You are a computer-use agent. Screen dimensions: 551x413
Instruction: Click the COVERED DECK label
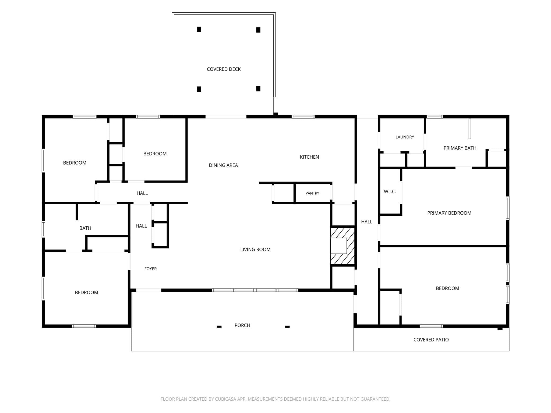tap(224, 69)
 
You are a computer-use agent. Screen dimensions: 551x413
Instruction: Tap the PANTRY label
tap(312, 193)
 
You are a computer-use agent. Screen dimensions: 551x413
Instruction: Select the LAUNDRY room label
tap(405, 137)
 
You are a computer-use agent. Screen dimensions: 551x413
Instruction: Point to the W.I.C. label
tap(390, 191)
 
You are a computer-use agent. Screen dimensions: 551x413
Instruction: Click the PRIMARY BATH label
tap(460, 148)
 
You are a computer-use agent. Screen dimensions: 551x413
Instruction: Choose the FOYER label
tap(150, 269)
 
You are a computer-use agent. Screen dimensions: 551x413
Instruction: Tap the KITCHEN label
tap(309, 157)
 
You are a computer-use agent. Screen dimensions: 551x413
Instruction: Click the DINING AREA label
tap(223, 165)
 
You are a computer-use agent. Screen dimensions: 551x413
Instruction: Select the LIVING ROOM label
tap(255, 249)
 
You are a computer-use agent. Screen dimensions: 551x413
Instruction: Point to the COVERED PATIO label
tap(431, 340)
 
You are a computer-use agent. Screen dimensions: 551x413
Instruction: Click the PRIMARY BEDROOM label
tap(449, 213)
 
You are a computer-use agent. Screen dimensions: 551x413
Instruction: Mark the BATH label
tap(85, 228)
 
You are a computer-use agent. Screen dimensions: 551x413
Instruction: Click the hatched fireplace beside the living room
tap(342, 246)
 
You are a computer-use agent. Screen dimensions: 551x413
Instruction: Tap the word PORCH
tap(242, 325)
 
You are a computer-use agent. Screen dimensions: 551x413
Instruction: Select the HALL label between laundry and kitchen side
tap(367, 222)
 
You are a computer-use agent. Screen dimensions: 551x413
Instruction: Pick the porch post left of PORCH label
tap(219, 327)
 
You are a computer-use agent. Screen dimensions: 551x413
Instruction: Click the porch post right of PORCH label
tap(287, 327)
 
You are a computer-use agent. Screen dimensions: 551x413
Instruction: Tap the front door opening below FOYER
tap(149, 290)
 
